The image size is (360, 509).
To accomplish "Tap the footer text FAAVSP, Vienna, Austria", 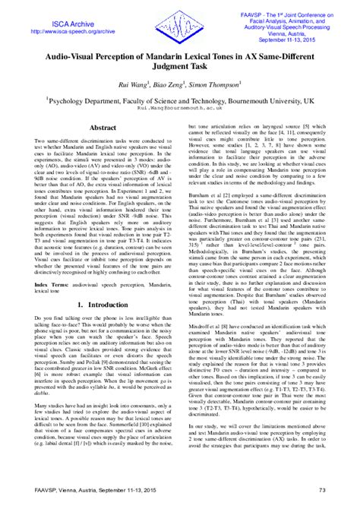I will coord(73,498).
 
